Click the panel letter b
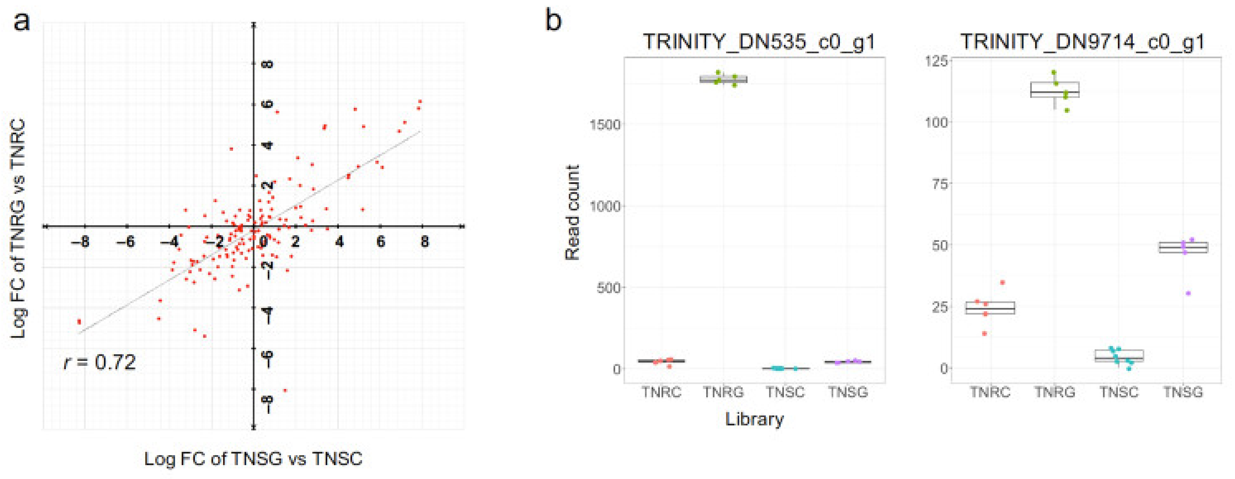[x=554, y=22]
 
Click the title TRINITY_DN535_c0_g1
[x=759, y=42]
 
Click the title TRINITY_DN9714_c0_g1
[x=1082, y=42]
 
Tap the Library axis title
[x=754, y=419]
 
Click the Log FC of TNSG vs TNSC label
[x=253, y=459]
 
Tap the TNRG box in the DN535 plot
[x=723, y=79]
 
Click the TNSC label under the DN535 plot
[x=785, y=392]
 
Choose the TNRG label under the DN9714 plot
[x=1055, y=392]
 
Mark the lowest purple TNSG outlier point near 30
[x=1188, y=293]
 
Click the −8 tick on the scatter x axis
[x=80, y=242]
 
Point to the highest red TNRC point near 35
[x=1002, y=283]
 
